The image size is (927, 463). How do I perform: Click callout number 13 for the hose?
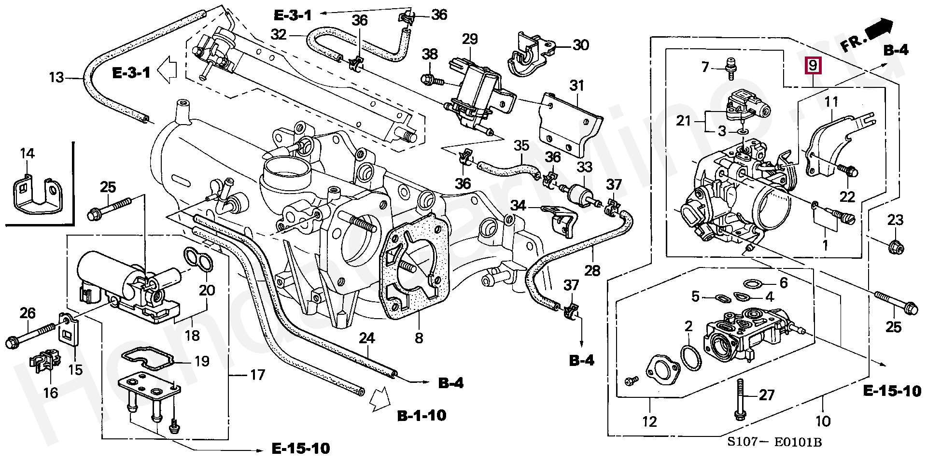click(56, 77)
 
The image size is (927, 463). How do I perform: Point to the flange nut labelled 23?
click(895, 247)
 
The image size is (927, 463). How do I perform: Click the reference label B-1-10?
click(421, 415)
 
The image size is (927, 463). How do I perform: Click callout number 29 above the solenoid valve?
click(469, 39)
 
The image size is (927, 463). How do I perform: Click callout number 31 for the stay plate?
click(576, 86)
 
